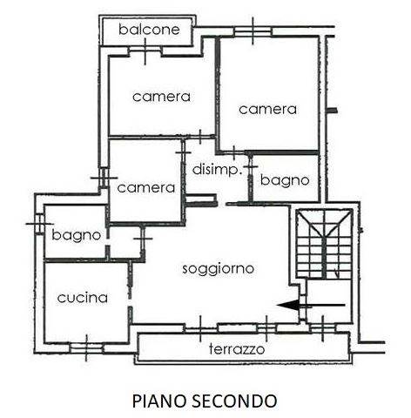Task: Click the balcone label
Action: click(149, 30)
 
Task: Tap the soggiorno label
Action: click(219, 269)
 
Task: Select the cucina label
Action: click(83, 298)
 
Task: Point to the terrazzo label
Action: click(237, 349)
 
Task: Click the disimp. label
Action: click(217, 169)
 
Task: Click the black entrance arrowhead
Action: click(288, 305)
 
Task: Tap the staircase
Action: click(324, 244)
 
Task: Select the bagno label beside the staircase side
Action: click(285, 180)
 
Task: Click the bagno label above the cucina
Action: click(77, 235)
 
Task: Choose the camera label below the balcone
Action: click(161, 97)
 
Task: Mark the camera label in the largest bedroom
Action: click(267, 110)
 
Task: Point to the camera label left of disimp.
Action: click(146, 188)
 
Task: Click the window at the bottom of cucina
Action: click(86, 347)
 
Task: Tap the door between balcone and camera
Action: click(145, 51)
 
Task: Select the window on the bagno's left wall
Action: click(39, 224)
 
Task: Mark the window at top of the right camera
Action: click(253, 31)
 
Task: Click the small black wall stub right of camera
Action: click(333, 111)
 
